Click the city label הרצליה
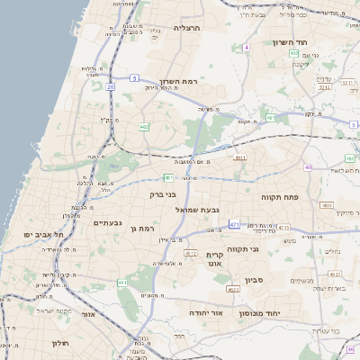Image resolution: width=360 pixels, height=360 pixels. tap(189, 28)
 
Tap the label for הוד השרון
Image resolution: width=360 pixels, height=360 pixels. tap(291, 42)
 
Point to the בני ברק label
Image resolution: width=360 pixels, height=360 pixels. tap(162, 193)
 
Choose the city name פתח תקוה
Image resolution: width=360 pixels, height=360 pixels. tap(278, 195)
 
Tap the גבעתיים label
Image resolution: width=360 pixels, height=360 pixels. tap(108, 222)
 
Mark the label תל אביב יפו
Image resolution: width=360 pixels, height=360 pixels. tap(40, 234)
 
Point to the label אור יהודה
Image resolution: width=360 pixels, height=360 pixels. tap(207, 312)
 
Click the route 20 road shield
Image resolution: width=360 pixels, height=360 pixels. tap(110, 86)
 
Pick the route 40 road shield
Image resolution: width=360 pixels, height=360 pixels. tap(308, 166)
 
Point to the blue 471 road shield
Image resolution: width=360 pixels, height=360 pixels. tap(234, 224)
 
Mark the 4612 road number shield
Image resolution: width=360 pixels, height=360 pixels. tap(191, 254)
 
